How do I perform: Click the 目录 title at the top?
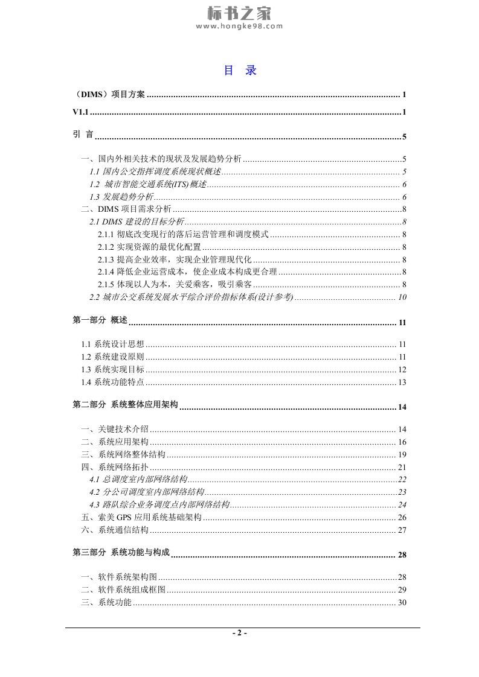coord(240,71)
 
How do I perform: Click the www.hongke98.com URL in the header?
coord(239,26)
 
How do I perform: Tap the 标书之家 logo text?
coord(239,12)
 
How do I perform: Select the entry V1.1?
coord(80,112)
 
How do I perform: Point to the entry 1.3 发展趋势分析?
coord(121,197)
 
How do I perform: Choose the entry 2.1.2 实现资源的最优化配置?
coord(149,247)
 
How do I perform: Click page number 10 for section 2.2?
coord(402,297)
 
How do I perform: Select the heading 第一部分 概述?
coord(100,320)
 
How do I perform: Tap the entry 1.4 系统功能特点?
coord(113,382)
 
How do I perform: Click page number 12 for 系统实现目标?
coord(402,369)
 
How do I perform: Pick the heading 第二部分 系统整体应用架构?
coord(125,405)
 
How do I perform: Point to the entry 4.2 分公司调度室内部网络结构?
coord(146,492)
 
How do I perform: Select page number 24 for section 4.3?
coord(402,504)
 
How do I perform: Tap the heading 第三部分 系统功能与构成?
coord(121,552)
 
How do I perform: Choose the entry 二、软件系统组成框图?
coord(123,590)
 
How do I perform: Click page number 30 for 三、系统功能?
coord(402,602)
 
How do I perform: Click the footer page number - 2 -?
coord(240,633)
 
